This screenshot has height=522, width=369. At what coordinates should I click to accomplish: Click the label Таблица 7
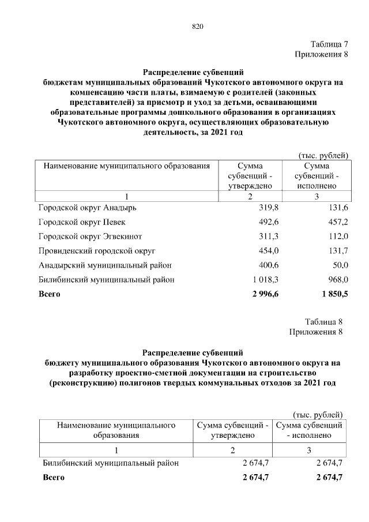[329, 44]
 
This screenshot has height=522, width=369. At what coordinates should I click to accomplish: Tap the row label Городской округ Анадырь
[88, 207]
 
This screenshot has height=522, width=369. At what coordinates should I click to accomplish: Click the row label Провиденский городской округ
[97, 251]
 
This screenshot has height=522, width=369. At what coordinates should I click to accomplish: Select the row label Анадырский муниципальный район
[104, 265]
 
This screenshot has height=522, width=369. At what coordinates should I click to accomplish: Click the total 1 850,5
[334, 294]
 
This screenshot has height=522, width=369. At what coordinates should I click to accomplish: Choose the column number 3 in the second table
[309, 450]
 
